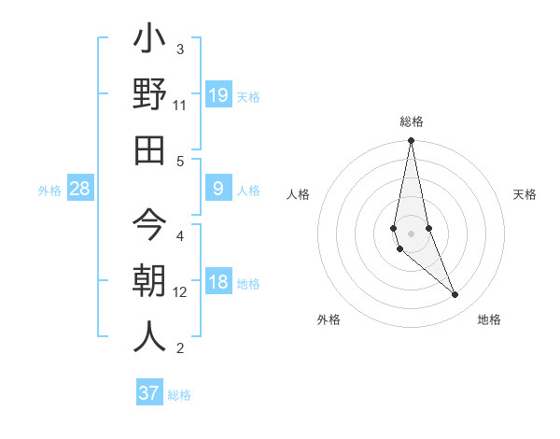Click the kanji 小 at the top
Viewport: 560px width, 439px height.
point(149,42)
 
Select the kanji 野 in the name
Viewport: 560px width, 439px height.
point(149,96)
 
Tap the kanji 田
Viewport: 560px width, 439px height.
point(149,149)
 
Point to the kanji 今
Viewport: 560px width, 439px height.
point(149,225)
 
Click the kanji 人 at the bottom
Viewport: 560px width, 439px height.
point(149,336)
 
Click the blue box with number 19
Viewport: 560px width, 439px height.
point(217,94)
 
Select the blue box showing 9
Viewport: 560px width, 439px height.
point(217,190)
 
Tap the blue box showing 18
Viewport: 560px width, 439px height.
point(217,283)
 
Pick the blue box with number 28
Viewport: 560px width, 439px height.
point(80,190)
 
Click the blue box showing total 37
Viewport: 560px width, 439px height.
point(149,393)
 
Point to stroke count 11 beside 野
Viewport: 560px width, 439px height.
point(180,106)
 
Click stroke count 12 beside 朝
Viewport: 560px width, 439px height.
point(180,292)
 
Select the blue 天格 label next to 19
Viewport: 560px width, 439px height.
point(247,96)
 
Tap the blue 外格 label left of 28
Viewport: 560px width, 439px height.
point(49,191)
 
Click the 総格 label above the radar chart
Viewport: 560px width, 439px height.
point(411,121)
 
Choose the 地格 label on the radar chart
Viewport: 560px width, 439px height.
point(489,320)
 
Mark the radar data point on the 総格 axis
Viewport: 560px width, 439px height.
point(411,141)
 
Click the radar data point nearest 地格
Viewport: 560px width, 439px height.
point(455,295)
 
